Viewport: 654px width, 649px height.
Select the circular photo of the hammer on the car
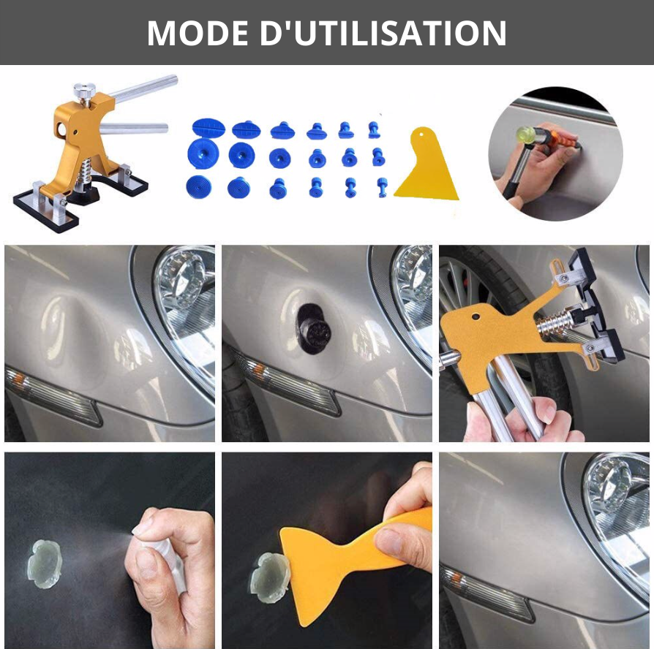pos(555,153)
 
